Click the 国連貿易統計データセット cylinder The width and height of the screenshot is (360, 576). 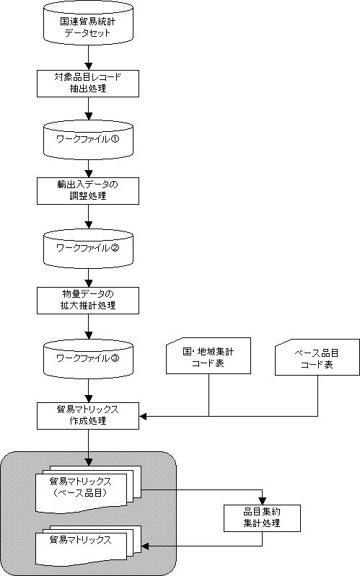point(88,23)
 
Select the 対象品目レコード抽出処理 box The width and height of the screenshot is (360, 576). point(88,84)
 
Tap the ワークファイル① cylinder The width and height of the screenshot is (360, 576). point(88,140)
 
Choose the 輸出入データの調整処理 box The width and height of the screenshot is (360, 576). point(88,191)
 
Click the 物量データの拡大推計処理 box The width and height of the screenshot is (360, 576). point(88,301)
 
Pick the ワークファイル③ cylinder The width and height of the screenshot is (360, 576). point(88,358)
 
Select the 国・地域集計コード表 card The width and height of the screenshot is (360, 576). point(208,356)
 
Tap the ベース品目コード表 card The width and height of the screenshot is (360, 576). point(317,358)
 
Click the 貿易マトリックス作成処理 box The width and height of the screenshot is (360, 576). point(88,416)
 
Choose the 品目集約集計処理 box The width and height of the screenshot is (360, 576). point(262,518)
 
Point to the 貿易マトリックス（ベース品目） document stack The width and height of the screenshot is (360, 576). point(88,489)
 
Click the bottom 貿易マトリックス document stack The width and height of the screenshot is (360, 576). point(88,546)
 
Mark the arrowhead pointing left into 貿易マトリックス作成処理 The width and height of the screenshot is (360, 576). point(143,416)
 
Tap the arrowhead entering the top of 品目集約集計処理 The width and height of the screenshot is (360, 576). point(262,501)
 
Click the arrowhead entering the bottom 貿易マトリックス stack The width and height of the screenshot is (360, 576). point(145,546)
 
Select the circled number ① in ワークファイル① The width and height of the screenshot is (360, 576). point(115,139)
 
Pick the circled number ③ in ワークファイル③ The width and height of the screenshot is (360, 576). point(115,358)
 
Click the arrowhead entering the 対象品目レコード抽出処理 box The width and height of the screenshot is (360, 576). point(88,66)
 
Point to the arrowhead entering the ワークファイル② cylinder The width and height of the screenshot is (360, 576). point(88,225)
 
